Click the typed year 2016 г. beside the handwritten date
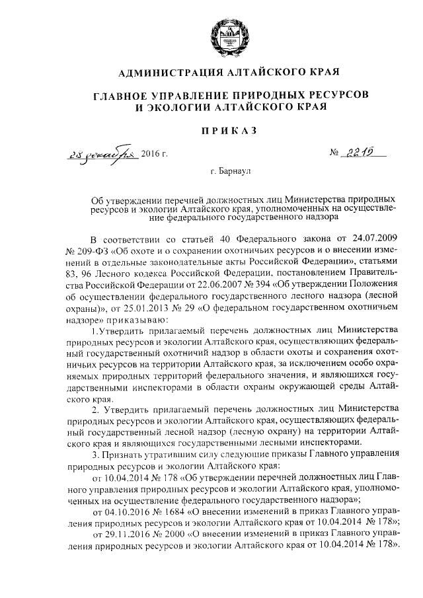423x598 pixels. point(155,155)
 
